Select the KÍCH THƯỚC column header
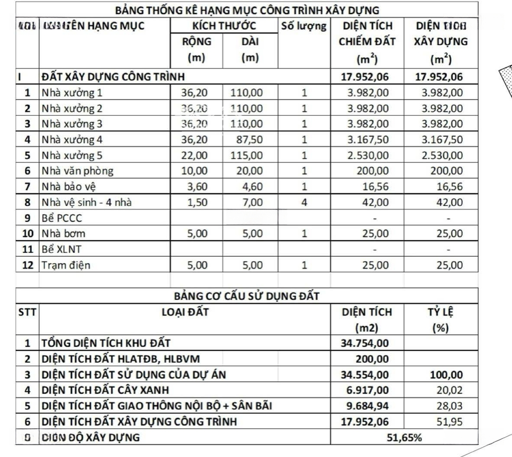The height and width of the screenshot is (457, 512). point(224,26)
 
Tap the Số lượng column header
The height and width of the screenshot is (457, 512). point(304,26)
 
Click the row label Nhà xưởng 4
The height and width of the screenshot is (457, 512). point(72,140)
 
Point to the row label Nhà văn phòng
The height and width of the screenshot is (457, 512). point(77,171)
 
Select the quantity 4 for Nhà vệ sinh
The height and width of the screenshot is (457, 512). point(304,202)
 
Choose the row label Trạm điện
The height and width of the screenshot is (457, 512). point(65,265)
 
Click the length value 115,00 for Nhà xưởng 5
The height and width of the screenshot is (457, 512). point(247,155)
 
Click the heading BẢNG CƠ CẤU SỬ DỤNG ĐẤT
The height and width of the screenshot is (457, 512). point(247,296)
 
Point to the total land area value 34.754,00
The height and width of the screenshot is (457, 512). point(365,342)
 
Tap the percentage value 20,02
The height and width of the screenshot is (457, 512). point(449,390)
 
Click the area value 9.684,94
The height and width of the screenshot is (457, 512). point(365,405)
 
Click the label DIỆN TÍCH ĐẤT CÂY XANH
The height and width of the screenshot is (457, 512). point(105,390)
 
